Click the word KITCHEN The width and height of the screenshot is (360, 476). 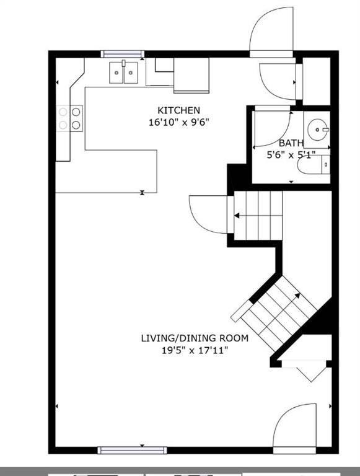click(x=178, y=110)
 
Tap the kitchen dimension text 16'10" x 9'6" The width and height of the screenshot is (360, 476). click(x=179, y=122)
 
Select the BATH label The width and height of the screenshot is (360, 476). click(x=291, y=143)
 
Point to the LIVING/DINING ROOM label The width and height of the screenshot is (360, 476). click(x=195, y=338)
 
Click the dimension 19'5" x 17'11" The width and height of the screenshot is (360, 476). click(x=195, y=351)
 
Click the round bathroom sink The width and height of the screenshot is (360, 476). click(x=317, y=130)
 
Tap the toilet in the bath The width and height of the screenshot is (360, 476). click(x=314, y=164)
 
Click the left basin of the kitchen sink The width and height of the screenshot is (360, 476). click(x=116, y=73)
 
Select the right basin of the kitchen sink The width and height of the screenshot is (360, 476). click(x=131, y=73)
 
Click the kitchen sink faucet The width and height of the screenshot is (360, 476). click(x=123, y=63)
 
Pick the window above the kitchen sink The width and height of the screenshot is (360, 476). click(x=123, y=54)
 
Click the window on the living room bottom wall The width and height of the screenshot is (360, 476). click(x=132, y=450)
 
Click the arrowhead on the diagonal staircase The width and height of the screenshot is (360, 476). click(x=297, y=296)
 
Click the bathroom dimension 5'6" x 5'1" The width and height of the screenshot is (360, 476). click(x=291, y=155)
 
